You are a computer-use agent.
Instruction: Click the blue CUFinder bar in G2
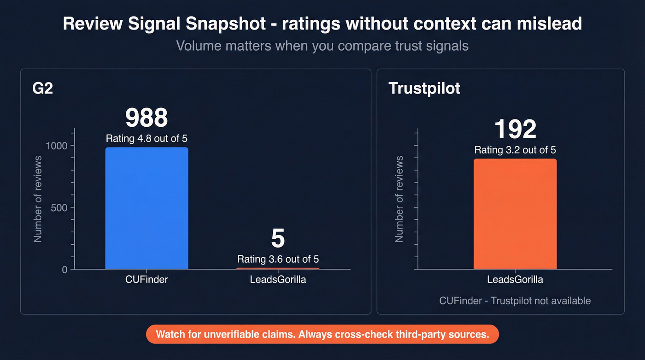tap(147, 208)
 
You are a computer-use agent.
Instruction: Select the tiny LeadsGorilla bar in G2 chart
tap(278, 268)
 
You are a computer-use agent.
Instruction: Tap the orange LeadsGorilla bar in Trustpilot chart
tap(515, 214)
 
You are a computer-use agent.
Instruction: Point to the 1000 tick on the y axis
tap(56, 146)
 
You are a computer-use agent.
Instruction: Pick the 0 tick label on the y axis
tap(64, 269)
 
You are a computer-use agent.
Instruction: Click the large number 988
tap(147, 118)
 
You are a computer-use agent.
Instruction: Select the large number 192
tap(515, 129)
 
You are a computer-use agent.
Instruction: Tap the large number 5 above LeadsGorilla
tap(278, 239)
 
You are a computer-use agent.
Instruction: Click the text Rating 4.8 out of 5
tap(147, 139)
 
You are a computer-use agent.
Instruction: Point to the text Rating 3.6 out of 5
tap(278, 259)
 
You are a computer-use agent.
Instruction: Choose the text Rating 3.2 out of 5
tap(515, 150)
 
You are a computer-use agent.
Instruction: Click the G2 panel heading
tap(43, 88)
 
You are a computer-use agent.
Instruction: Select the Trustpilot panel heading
tap(424, 88)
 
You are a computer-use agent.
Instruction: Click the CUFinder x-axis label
tap(147, 279)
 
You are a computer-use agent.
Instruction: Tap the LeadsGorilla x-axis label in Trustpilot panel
tap(515, 279)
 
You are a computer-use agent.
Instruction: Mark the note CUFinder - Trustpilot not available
tap(515, 301)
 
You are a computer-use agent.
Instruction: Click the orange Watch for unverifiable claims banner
tap(322, 334)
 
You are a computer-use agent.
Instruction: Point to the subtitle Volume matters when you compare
tap(322, 46)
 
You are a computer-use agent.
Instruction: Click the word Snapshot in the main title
tap(218, 24)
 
